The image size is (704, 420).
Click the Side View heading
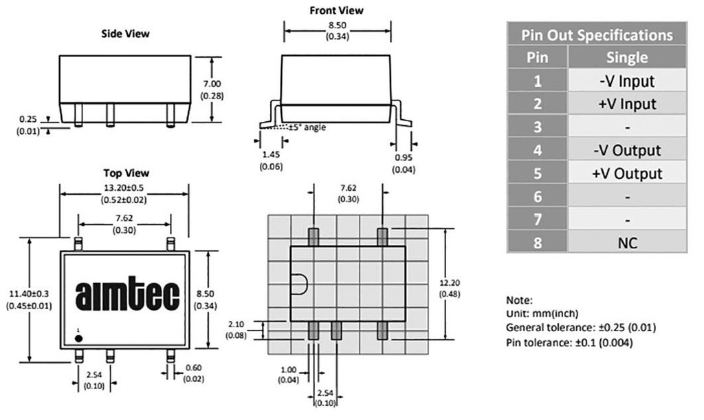click(x=125, y=33)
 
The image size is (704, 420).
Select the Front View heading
click(x=336, y=10)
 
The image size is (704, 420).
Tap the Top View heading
click(x=126, y=173)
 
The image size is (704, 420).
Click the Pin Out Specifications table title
click(x=596, y=34)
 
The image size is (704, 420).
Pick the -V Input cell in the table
click(x=627, y=81)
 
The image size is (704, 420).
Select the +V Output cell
click(x=627, y=174)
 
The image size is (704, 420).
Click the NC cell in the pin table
click(x=627, y=242)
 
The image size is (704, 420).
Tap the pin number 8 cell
click(x=537, y=242)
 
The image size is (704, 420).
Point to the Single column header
click(x=627, y=57)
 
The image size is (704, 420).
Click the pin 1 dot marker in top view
click(x=79, y=337)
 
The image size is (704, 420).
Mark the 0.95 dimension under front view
click(x=402, y=158)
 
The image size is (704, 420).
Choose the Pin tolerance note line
click(x=569, y=342)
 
